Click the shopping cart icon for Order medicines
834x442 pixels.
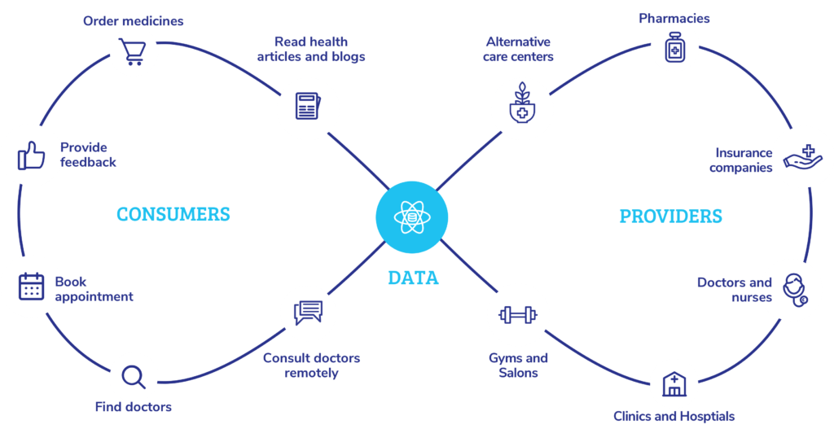point(134,51)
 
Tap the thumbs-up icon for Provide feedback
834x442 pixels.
point(31,155)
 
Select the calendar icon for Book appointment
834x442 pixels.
point(31,287)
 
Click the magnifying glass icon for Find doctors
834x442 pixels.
point(133,376)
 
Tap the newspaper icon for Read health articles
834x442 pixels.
point(307,107)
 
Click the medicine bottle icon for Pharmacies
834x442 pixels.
point(674,47)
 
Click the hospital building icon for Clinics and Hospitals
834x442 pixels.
point(674,383)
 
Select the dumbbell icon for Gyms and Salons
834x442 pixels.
point(518,314)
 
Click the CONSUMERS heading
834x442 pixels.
point(173,215)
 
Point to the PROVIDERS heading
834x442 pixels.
point(670,216)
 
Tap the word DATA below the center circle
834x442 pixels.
point(413,278)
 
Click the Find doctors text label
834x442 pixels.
point(134,407)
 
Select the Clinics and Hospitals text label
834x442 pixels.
point(674,417)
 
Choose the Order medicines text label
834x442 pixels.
point(134,20)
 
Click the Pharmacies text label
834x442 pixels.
point(674,18)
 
